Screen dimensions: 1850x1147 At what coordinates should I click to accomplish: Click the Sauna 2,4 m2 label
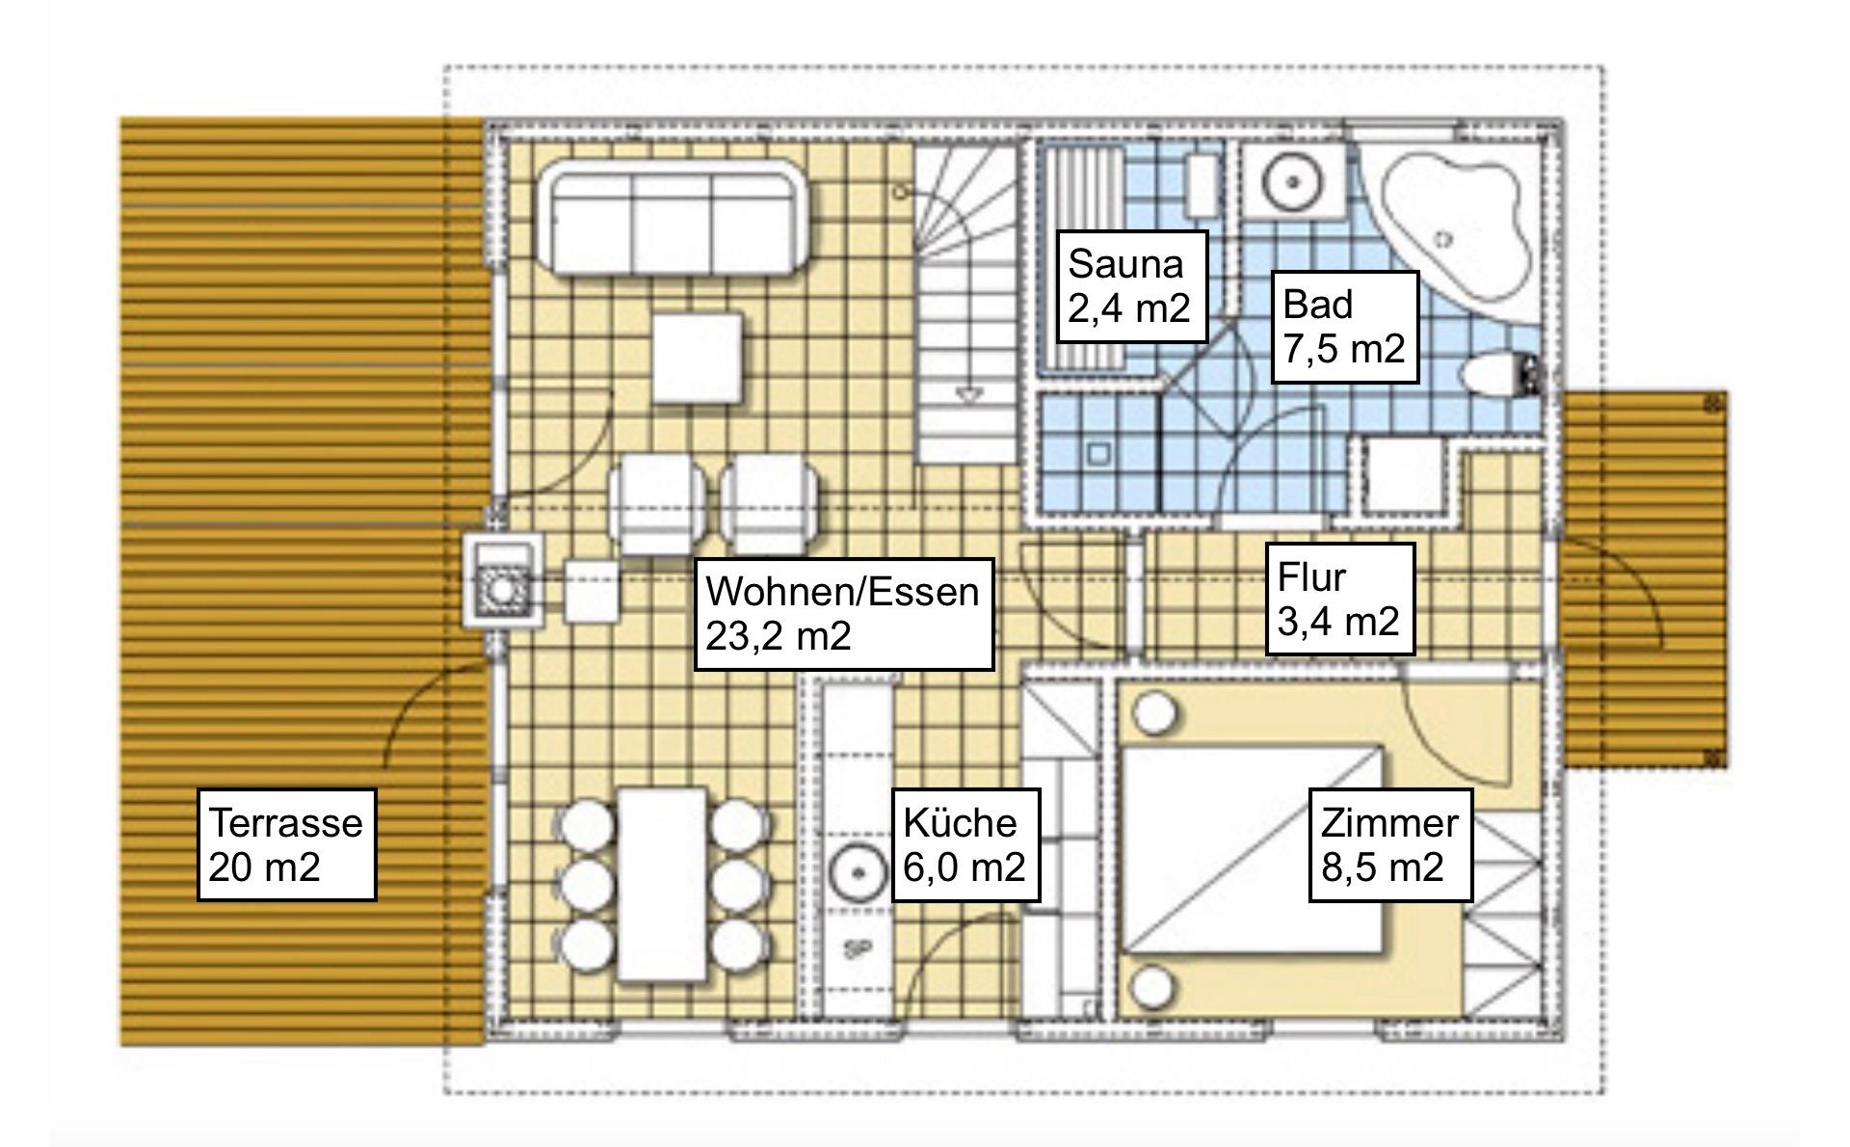pos(1132,286)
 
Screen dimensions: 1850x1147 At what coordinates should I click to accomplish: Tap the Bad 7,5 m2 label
pos(1345,327)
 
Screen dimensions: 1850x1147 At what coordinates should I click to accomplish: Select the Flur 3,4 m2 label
pos(1339,600)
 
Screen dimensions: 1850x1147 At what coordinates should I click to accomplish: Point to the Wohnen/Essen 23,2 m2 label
pos(844,614)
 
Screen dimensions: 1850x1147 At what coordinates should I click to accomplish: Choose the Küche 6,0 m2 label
pos(965,845)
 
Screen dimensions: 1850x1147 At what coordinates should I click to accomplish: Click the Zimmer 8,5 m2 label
pos(1390,845)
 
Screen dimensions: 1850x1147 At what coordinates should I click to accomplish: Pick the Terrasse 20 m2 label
pos(286,845)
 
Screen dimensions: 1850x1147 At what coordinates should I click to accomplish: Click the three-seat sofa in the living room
pos(673,218)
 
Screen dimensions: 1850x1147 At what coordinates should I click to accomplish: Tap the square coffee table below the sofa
pos(698,359)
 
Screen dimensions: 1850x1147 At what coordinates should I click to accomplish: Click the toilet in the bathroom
pos(1498,374)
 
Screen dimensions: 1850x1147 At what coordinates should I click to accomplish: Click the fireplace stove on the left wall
pos(501,581)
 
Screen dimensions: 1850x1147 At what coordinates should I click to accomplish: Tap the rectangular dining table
pos(662,884)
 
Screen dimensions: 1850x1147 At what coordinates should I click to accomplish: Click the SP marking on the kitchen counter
pos(853,950)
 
